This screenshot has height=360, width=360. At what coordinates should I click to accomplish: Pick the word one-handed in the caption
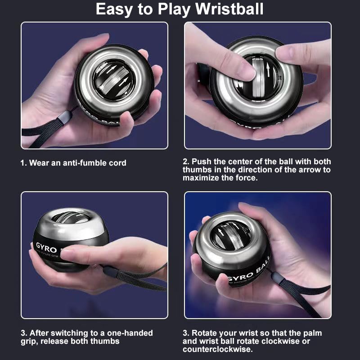click(x=130, y=333)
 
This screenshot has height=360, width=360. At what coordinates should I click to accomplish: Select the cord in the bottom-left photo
click(x=135, y=275)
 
